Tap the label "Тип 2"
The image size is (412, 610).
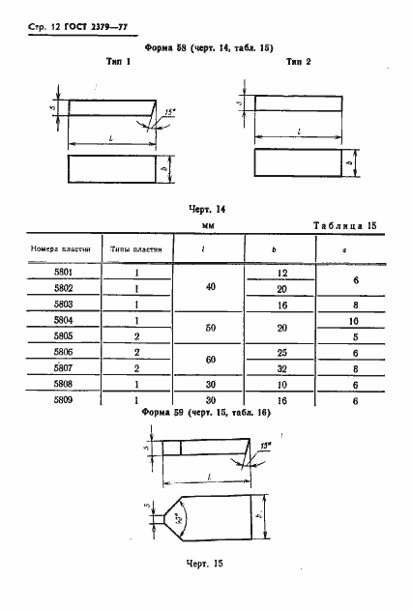(x=298, y=61)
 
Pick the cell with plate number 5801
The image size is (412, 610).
(x=63, y=275)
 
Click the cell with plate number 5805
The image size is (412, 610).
(x=63, y=336)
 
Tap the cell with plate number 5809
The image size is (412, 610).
(x=63, y=398)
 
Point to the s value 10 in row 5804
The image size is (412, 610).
(x=355, y=320)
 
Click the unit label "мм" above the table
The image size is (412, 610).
(x=207, y=224)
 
